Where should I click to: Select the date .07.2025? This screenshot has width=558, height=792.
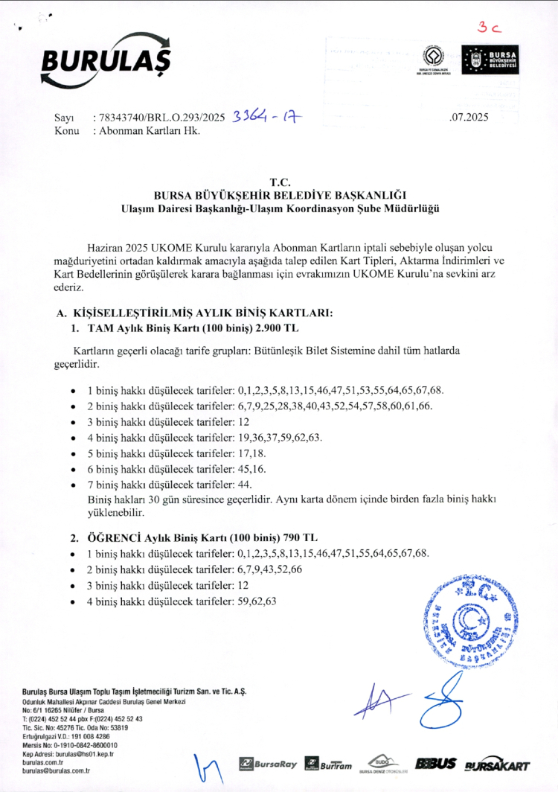pyautogui.click(x=469, y=118)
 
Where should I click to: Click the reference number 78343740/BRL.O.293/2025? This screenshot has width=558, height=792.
pyautogui.click(x=160, y=118)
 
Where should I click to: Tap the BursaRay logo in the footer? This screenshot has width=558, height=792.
pyautogui.click(x=268, y=764)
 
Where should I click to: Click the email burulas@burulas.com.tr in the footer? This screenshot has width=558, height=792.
pyautogui.click(x=56, y=771)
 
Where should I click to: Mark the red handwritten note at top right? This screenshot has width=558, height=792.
pyautogui.click(x=490, y=28)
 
